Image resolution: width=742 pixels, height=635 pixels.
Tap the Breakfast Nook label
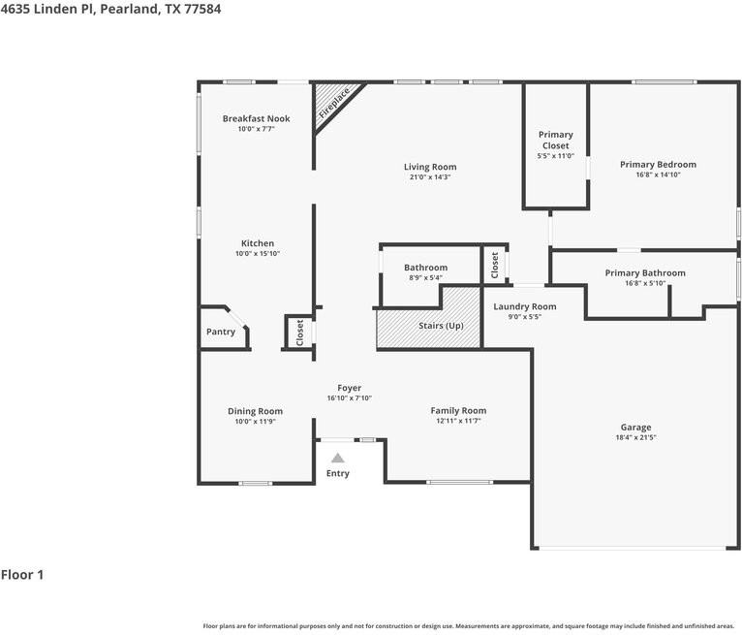click(x=256, y=119)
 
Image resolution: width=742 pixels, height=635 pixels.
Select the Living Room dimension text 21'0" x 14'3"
click(x=430, y=177)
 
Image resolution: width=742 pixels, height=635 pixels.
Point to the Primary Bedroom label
click(x=658, y=165)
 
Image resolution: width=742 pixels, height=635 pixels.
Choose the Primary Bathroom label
click(x=644, y=273)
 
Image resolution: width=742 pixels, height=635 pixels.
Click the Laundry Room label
click(x=524, y=306)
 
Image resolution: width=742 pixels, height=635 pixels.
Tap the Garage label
click(x=635, y=428)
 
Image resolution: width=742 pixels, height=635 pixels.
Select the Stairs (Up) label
click(x=441, y=326)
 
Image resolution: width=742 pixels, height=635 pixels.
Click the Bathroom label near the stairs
click(x=425, y=268)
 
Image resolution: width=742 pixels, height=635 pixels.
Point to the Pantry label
click(x=221, y=332)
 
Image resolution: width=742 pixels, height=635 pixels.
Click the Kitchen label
click(x=258, y=243)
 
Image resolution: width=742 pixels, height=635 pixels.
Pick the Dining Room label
click(x=256, y=411)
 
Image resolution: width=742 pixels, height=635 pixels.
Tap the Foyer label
click(x=349, y=388)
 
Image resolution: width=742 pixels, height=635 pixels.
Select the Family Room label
click(x=458, y=410)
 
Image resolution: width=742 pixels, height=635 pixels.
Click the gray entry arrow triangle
click(x=337, y=458)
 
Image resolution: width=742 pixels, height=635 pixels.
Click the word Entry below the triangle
click(x=337, y=473)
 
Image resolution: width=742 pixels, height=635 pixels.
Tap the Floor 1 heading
click(x=22, y=575)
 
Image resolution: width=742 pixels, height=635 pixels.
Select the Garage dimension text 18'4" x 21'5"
click(x=635, y=438)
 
